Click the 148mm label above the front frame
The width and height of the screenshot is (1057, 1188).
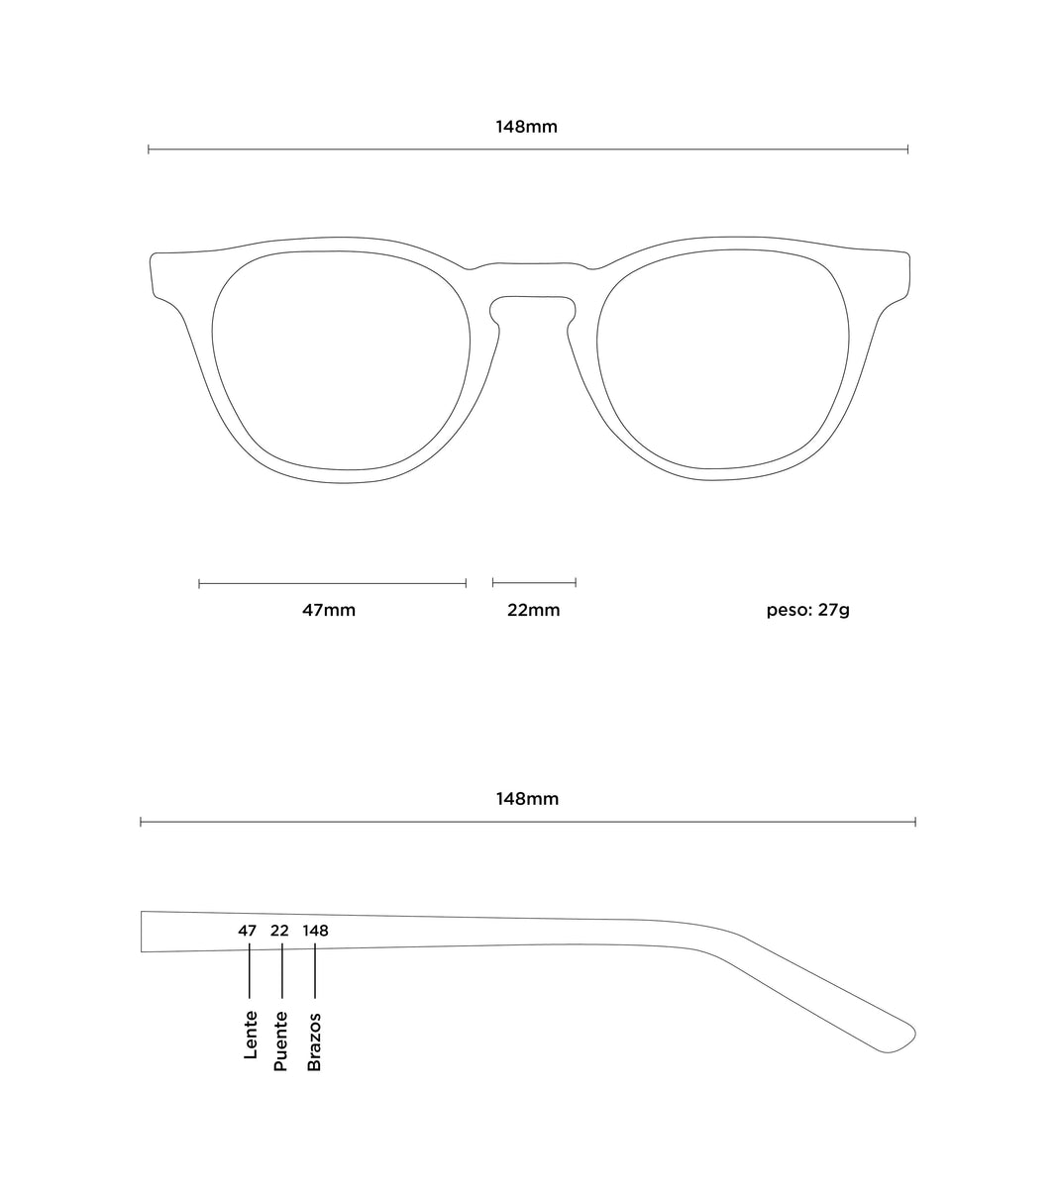tap(526, 127)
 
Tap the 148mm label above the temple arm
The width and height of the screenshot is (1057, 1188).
tap(527, 799)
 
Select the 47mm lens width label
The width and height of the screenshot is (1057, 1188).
tap(329, 610)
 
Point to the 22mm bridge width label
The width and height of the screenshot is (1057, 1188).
tap(534, 610)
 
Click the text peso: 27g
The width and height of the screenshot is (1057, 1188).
tap(807, 611)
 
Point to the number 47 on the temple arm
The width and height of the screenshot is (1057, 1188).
tap(247, 931)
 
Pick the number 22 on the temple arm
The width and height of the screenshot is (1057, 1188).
tap(279, 931)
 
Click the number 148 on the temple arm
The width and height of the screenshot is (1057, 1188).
tap(316, 931)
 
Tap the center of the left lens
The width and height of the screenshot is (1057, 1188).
tap(341, 360)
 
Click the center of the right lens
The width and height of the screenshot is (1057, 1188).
tap(722, 359)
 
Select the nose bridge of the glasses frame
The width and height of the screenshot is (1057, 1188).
tap(532, 280)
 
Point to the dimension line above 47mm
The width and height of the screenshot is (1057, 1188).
tap(332, 583)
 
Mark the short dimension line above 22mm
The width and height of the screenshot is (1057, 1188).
tap(534, 582)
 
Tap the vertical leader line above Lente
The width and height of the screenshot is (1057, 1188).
tap(250, 970)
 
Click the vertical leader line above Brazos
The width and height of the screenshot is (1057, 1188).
tap(315, 970)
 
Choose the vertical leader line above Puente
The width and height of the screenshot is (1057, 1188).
tap(282, 970)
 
